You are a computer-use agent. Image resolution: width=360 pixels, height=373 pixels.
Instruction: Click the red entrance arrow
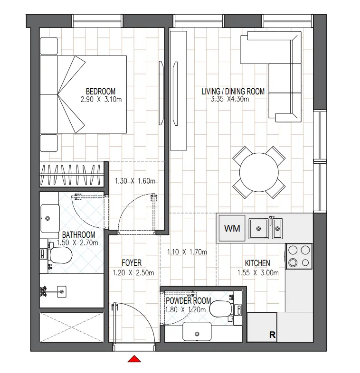[x=135, y=359]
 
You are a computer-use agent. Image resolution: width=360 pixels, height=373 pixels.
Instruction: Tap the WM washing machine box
[x=232, y=229]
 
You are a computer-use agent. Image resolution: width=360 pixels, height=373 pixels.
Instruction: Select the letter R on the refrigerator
[x=272, y=335]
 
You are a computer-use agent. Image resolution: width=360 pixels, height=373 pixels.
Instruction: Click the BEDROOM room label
[x=100, y=92]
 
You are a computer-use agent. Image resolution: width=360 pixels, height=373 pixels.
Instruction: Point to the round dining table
[x=259, y=172]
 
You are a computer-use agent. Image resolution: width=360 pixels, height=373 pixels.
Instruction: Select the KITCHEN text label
[x=257, y=263]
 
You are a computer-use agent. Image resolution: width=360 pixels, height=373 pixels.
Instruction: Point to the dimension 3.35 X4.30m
[x=230, y=100]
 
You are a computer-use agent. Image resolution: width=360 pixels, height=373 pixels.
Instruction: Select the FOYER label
[x=131, y=263]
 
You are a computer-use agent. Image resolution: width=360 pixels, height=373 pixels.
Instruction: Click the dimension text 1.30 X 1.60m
[x=135, y=181]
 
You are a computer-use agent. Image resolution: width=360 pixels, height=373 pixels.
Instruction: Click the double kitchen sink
[x=266, y=228]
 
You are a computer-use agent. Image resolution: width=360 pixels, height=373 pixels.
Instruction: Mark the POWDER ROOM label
[x=188, y=301]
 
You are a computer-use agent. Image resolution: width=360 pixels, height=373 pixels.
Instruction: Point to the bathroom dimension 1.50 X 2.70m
[x=77, y=242]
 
